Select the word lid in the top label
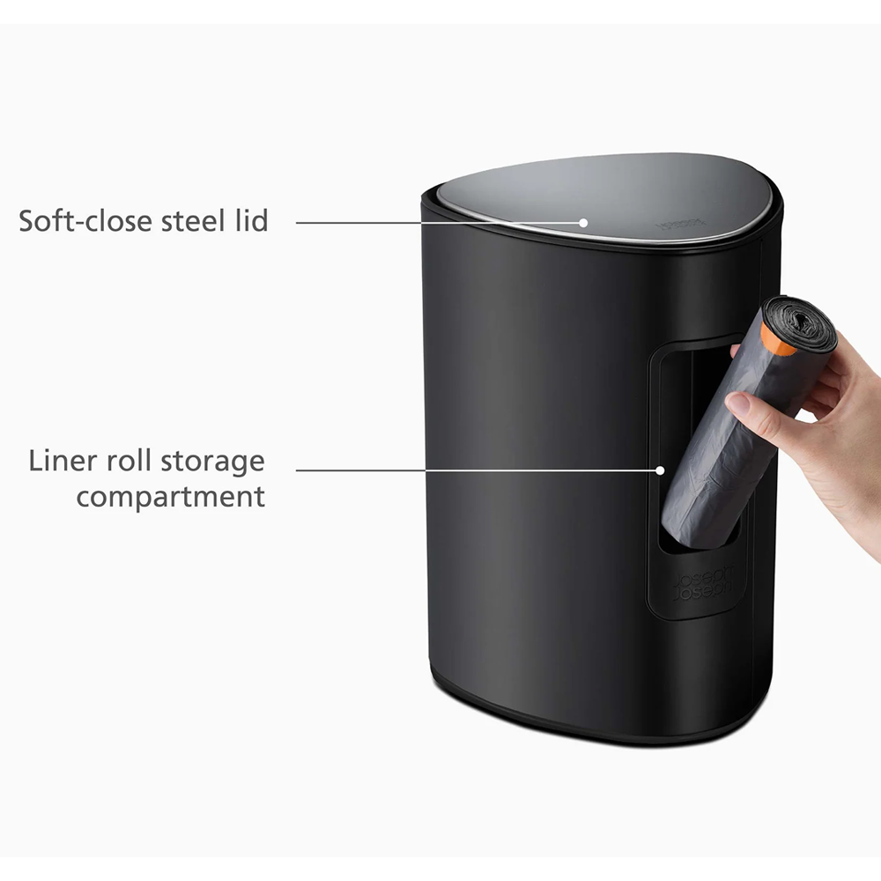click(x=248, y=220)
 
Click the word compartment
click(x=170, y=497)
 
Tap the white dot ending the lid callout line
click(x=583, y=222)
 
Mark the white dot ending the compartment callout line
click(x=659, y=470)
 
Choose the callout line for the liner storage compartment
click(x=476, y=470)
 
